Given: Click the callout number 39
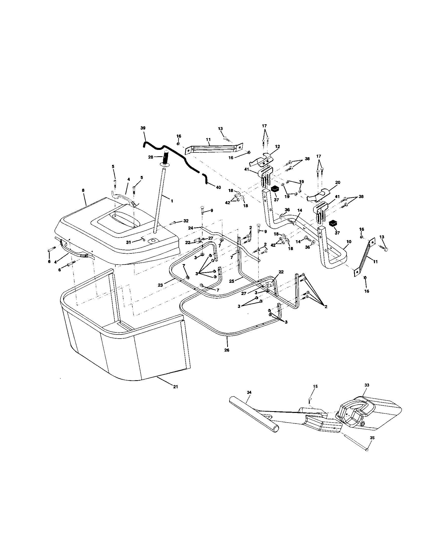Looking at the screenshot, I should point(143,128).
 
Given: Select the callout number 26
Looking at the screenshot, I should point(227,350).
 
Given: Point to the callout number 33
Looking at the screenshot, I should point(367,392).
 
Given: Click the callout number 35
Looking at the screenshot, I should point(372,438).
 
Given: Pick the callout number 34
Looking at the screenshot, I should point(249,399).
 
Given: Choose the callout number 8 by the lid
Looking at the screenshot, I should point(83,190).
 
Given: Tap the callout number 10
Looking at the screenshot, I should point(349,241).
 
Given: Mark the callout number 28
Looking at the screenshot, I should point(151,157).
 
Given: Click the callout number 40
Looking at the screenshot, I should point(218,187).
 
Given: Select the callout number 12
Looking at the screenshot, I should point(278,147).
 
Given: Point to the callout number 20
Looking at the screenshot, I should point(337,182).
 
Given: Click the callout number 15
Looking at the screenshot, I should point(315,394).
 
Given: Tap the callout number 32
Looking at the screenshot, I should point(186,221).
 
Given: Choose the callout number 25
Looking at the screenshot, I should point(231,281).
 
